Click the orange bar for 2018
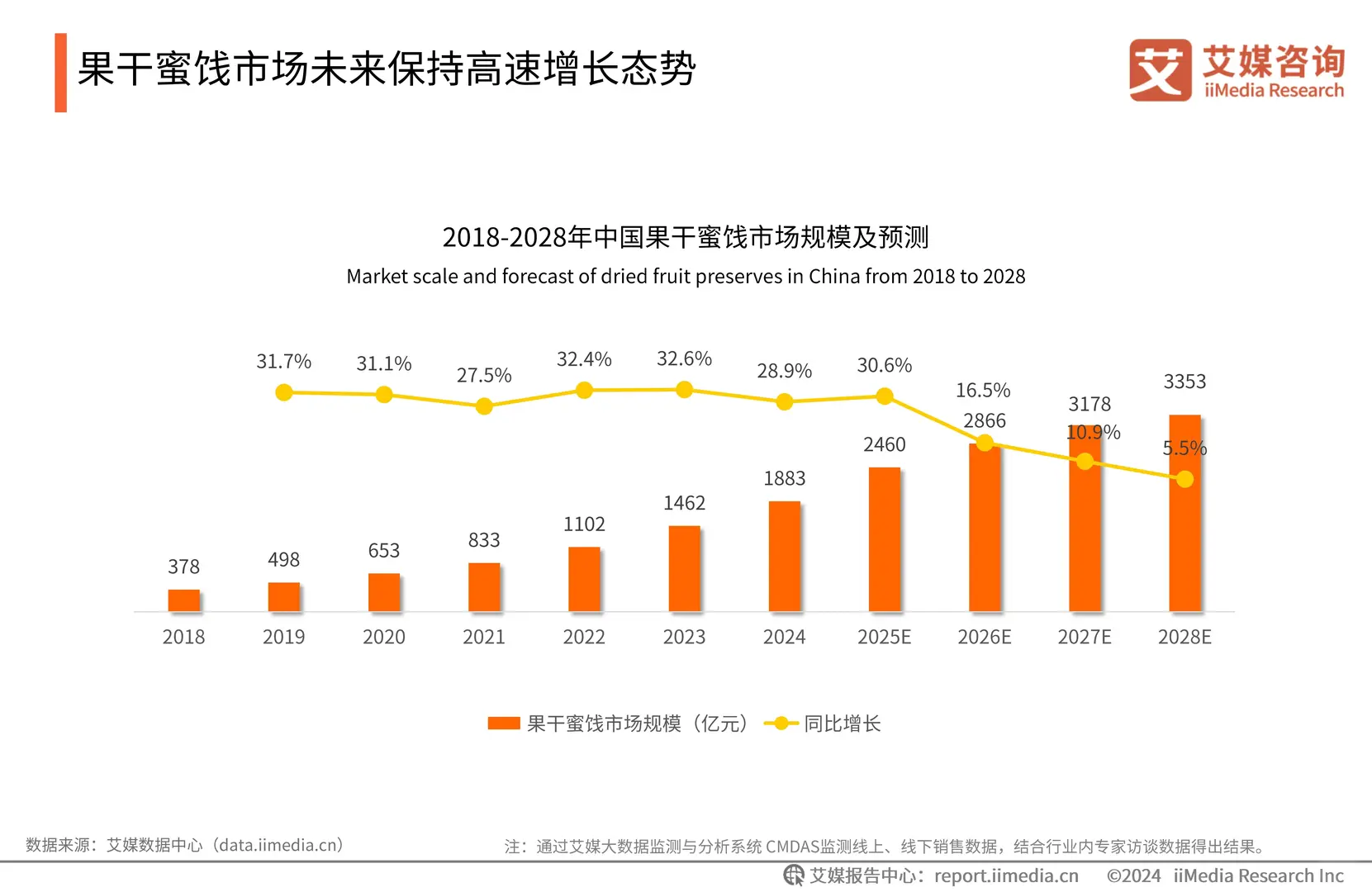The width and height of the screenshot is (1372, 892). [183, 600]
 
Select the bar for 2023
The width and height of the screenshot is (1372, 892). [684, 569]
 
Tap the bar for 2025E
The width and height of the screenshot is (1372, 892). [884, 539]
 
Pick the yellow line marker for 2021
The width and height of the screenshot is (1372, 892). [484, 406]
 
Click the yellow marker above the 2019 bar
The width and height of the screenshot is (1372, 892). [284, 392]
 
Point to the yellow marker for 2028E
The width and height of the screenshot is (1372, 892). [1184, 479]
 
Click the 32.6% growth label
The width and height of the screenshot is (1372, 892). [684, 358]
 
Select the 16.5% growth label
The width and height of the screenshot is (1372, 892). [983, 390]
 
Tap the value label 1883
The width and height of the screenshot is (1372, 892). [784, 478]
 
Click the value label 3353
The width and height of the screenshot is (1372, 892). [1184, 382]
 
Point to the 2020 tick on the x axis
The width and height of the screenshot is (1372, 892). [383, 637]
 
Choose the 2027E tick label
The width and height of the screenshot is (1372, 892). [1084, 637]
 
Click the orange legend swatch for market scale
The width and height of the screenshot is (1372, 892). [504, 724]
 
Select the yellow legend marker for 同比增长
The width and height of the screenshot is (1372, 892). [781, 724]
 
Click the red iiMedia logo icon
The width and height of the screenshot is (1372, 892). [1160, 70]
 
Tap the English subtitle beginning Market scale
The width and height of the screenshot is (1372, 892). [686, 276]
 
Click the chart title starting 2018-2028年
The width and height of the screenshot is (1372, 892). [686, 237]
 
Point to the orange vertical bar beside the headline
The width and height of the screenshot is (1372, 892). [60, 73]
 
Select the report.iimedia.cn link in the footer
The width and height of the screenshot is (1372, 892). [1006, 875]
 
